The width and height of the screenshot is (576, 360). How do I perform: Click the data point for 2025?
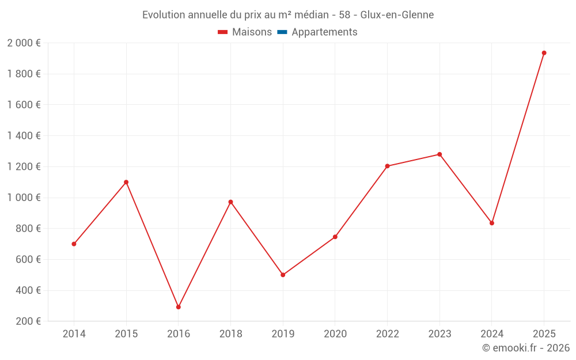coord(544,53)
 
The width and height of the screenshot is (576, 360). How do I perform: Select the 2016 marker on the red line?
coord(179,307)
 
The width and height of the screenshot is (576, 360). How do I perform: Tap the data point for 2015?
coord(126,182)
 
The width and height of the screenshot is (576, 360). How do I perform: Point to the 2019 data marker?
coord(283,275)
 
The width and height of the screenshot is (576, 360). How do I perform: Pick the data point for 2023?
coord(439,154)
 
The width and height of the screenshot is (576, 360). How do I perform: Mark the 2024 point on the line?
coord(492,223)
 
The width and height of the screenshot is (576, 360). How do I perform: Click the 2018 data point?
coord(230,202)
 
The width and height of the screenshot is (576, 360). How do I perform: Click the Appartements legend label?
coord(324,32)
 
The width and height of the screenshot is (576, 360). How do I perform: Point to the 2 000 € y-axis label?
coord(24,43)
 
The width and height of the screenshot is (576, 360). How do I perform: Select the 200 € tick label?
coord(27,321)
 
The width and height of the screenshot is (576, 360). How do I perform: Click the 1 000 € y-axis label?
coord(24,198)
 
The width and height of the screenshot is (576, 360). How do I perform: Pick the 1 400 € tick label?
coord(24,136)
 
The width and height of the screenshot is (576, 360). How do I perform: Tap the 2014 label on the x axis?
coord(74,334)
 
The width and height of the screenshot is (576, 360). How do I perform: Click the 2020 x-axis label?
coord(335,334)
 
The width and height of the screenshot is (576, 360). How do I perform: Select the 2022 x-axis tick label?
coord(387,334)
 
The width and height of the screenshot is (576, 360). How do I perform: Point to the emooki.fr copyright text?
coord(526,348)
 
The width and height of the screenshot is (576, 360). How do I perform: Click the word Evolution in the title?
coord(164,14)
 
